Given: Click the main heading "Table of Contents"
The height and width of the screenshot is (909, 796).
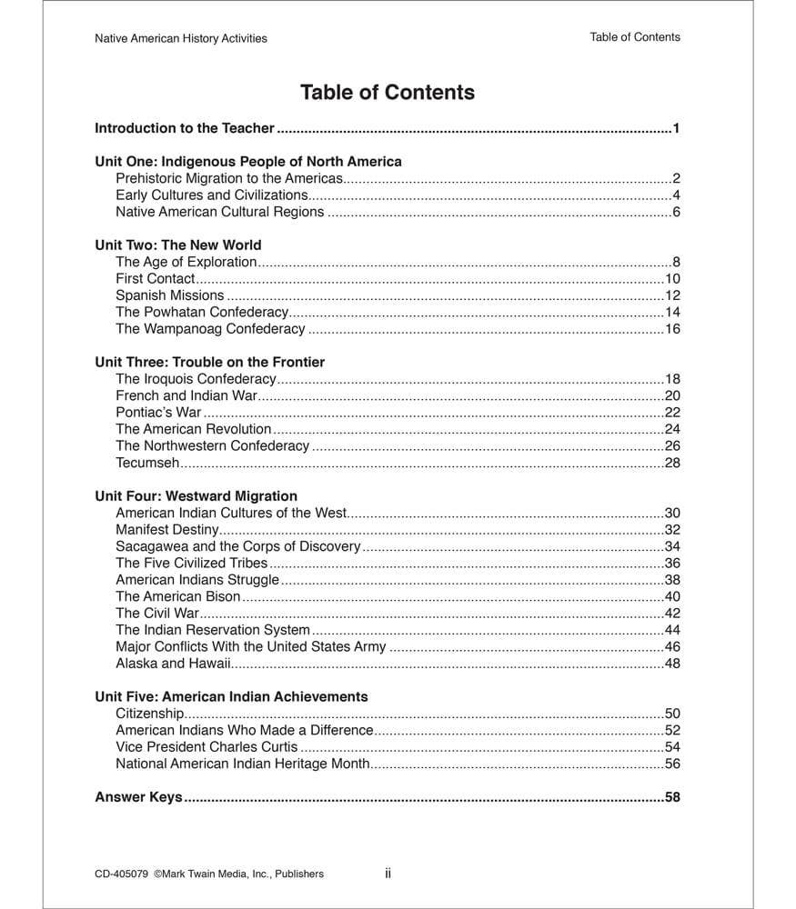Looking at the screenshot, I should (387, 93).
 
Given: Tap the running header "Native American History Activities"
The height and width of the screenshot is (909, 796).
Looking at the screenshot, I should (181, 38).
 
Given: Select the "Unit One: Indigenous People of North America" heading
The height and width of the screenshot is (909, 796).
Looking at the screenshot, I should (248, 162).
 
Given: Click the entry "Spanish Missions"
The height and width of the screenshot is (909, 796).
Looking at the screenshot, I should (170, 295).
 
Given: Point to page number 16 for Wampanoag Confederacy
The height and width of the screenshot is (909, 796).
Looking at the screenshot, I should (672, 329).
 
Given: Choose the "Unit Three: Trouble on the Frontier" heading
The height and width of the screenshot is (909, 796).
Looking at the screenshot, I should (210, 362).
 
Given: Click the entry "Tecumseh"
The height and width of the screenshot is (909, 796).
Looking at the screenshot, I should (147, 463).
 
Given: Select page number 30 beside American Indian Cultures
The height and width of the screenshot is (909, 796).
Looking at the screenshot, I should (672, 513).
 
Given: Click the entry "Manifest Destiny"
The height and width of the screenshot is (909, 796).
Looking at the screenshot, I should (167, 530).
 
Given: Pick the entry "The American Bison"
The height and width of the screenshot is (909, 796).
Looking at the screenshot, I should (178, 596).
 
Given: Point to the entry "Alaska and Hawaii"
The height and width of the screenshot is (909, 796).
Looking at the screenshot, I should (173, 664).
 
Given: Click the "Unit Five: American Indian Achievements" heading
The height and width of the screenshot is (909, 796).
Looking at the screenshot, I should (231, 696).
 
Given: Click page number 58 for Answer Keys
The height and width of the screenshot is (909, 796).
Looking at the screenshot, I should (672, 797).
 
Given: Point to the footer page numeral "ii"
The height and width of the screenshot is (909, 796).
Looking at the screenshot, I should (388, 873).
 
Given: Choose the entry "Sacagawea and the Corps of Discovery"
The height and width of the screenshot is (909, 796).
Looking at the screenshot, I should (238, 546).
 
